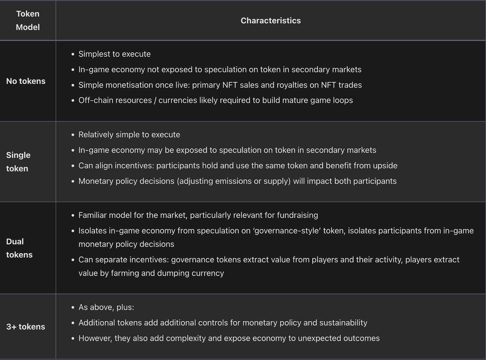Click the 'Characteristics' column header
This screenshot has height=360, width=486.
pos(271,20)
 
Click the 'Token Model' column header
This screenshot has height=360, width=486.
pos(28,20)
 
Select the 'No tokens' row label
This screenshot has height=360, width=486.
pos(26,81)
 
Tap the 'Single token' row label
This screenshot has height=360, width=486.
pos(18,161)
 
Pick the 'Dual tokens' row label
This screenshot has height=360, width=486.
pos(19,248)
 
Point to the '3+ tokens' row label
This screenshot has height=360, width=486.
pos(26,327)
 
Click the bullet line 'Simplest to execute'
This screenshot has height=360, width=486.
pos(114,54)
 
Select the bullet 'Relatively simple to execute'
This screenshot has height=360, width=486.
pos(129,134)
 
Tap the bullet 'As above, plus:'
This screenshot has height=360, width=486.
pos(106,307)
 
